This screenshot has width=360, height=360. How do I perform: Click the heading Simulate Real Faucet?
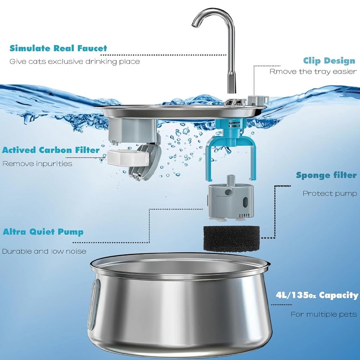click(58, 48)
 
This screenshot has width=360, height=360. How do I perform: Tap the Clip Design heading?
click(329, 61)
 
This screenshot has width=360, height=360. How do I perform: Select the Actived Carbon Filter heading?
click(51, 150)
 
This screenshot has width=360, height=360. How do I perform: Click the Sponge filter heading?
click(326, 175)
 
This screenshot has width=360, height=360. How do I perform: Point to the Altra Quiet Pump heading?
click(43, 232)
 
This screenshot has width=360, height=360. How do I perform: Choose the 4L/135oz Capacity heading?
click(317, 295)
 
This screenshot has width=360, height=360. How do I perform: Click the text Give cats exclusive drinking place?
click(75, 62)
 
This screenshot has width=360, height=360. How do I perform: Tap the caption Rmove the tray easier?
click(313, 72)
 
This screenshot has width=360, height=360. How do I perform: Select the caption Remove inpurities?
click(37, 164)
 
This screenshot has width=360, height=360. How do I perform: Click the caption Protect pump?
click(330, 194)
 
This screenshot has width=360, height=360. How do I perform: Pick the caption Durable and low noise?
click(44, 251)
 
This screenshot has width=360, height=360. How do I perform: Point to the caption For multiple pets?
click(324, 314)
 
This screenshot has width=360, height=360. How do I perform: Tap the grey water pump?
click(230, 199)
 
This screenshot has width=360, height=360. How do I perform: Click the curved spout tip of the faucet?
click(194, 26)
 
